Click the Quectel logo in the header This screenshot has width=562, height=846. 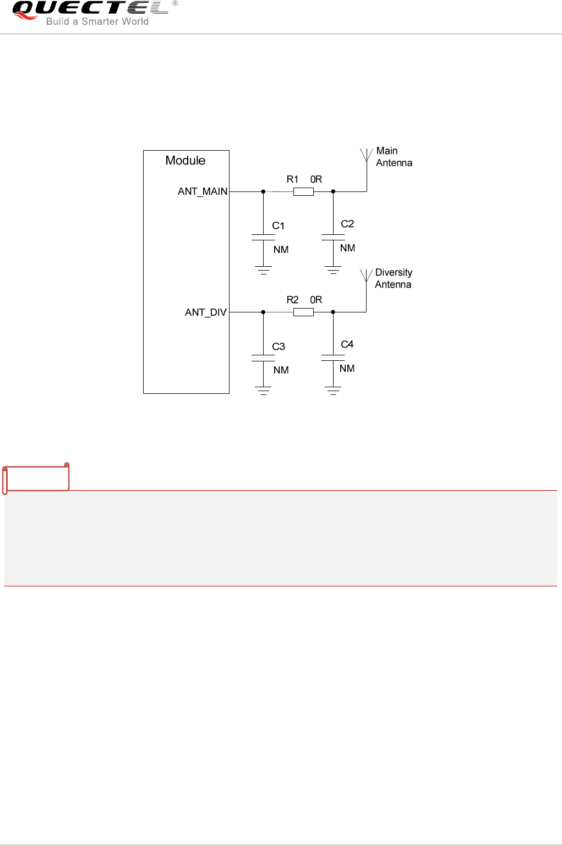91,12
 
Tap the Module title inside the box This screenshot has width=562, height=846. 185,161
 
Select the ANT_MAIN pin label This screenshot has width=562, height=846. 203,191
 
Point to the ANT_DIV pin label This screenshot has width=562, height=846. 206,312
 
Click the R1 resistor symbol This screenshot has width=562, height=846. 303,191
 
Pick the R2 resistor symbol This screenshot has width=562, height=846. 303,312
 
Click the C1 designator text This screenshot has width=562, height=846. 279,226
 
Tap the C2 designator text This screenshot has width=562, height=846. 347,224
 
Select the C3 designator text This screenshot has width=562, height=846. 279,347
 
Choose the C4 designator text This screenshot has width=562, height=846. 347,344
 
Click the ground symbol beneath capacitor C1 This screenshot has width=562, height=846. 263,270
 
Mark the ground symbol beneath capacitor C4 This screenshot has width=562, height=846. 333,391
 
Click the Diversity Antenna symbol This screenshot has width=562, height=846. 366,276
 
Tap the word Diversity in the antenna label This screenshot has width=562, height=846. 394,273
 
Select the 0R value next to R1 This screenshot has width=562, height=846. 316,179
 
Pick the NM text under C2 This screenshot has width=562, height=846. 347,248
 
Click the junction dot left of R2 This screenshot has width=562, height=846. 263,312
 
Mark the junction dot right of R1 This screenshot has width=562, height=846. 333,191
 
